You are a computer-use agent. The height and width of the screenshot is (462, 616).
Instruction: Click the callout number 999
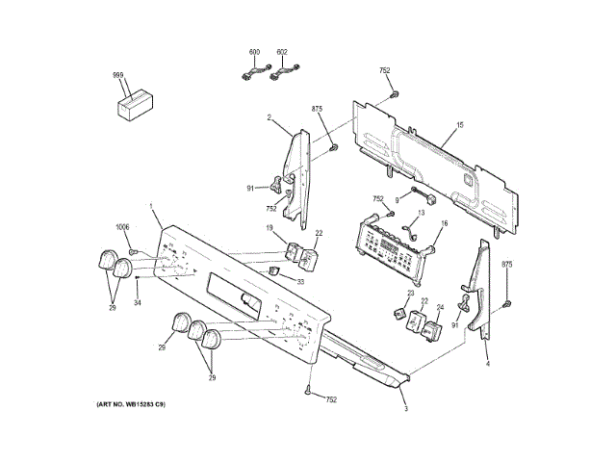(x=117, y=75)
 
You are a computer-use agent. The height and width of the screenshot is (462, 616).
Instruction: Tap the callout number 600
(x=254, y=51)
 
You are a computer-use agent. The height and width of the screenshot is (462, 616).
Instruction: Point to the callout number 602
(x=282, y=51)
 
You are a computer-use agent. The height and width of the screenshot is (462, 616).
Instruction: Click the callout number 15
(x=460, y=126)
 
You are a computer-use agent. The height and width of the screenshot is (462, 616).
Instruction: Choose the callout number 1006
(x=122, y=227)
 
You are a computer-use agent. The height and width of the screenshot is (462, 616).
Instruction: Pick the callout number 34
(x=137, y=304)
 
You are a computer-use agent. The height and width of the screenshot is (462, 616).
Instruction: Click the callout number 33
(x=299, y=282)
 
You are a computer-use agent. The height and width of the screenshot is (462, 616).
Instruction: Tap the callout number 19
(x=270, y=227)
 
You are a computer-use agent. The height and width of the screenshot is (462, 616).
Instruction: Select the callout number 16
(x=445, y=223)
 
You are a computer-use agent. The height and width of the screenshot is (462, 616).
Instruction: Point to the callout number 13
(x=421, y=213)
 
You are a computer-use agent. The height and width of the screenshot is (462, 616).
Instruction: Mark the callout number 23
(x=409, y=293)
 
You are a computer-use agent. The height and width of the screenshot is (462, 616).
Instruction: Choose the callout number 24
(x=440, y=308)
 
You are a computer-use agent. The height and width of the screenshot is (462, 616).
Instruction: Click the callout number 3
(x=405, y=409)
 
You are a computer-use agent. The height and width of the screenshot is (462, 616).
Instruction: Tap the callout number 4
(x=487, y=365)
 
